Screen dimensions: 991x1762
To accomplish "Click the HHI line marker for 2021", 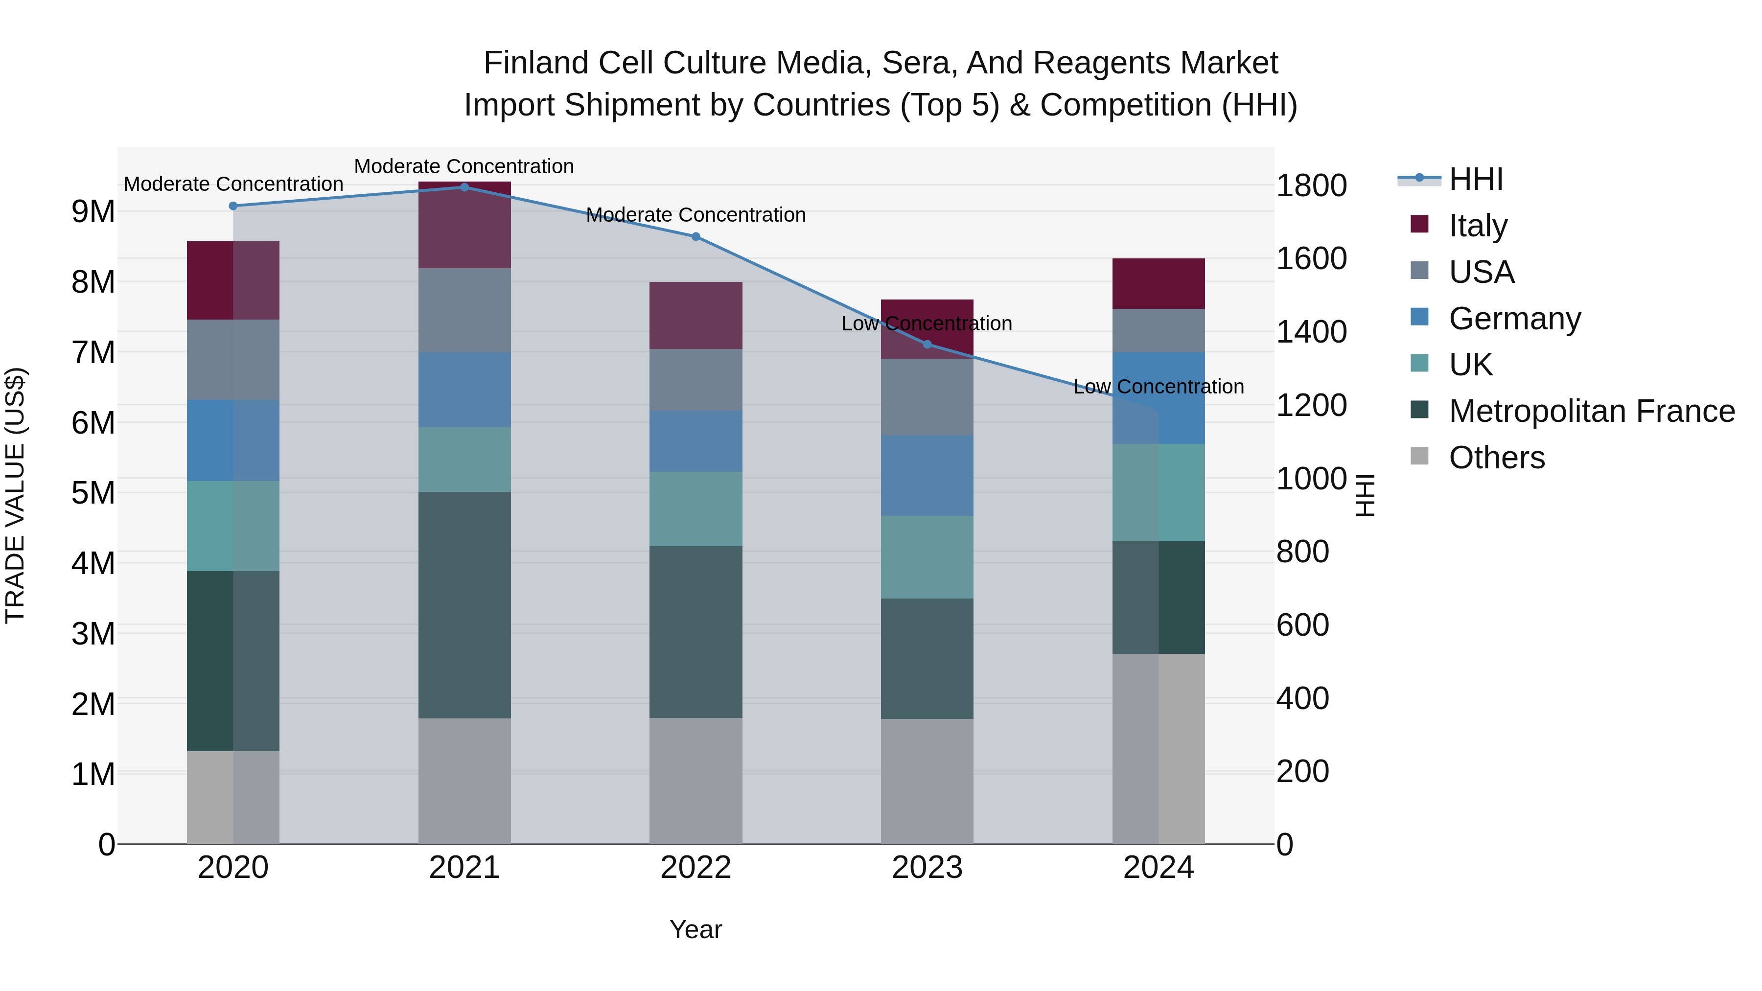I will tap(464, 187).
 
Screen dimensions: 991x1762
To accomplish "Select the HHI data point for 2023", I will tap(927, 344).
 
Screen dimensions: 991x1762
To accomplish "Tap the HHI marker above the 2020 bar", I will tap(233, 206).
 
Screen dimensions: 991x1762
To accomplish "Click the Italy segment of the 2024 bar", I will tap(1159, 284).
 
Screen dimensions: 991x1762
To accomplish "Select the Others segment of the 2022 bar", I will tap(696, 781).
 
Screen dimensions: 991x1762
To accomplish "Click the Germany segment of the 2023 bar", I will tap(927, 475).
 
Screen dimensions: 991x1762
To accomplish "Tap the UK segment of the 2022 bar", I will tap(696, 509).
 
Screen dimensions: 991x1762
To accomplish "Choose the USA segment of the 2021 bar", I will tap(464, 310).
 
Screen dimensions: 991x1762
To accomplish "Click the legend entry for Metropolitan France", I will tap(1591, 411).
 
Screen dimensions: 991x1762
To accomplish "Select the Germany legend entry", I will tap(1514, 319).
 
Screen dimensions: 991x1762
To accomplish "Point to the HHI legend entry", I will tap(1475, 179).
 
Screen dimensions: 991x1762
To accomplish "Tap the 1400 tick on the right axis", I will tap(1311, 332).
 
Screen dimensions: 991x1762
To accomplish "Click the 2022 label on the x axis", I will tap(696, 868).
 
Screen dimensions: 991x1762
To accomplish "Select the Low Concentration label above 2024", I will tap(1159, 387).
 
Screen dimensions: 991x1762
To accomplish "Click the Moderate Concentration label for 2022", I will tap(696, 215).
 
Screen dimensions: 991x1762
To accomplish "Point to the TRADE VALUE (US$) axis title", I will tap(15, 495).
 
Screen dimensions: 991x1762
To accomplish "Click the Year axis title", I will tap(696, 929).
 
